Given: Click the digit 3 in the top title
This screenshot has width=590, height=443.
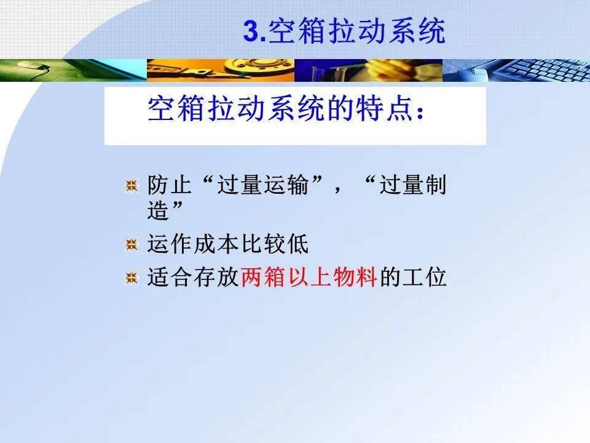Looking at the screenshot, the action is click(252, 31).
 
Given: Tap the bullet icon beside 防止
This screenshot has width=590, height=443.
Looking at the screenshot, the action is click(132, 186).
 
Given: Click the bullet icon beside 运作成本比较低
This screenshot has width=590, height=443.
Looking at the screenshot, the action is click(132, 245).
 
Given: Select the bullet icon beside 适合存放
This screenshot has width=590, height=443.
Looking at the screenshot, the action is click(132, 278).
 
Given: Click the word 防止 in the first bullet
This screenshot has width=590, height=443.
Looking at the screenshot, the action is click(170, 185).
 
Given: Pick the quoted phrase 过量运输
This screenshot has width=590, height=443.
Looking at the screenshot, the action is click(262, 185).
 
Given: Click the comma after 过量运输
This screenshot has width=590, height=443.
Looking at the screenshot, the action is click(337, 188).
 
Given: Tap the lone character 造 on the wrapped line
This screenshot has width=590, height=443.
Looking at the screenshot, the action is click(158, 210).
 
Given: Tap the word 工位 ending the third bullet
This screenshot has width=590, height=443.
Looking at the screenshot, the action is click(425, 277).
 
